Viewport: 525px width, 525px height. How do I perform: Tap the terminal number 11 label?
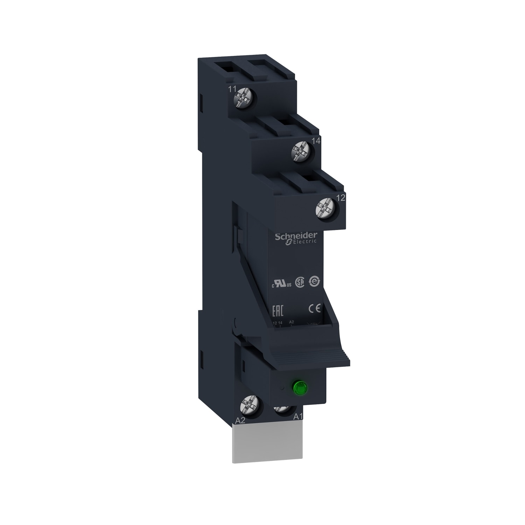click(x=232, y=89)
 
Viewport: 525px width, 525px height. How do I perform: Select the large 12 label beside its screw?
click(x=340, y=198)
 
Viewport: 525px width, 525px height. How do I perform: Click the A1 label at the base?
click(x=297, y=417)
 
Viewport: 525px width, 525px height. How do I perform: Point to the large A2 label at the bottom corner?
click(x=240, y=421)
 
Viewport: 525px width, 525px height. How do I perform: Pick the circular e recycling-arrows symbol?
click(x=314, y=282)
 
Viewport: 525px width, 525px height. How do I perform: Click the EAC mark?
click(x=278, y=310)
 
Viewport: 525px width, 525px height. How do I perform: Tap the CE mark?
click(x=314, y=309)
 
